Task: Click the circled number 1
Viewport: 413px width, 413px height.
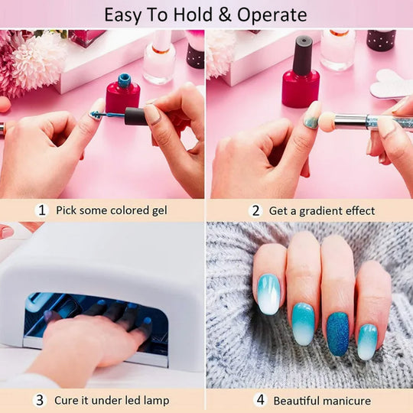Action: (x=41, y=210)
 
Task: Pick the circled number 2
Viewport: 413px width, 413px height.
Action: (x=255, y=210)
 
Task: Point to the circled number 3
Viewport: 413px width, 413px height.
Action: (x=40, y=400)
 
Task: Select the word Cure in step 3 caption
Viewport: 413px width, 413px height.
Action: (x=67, y=400)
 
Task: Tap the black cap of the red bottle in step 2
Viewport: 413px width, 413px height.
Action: (x=303, y=54)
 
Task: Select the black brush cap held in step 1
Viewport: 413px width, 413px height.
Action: (x=135, y=116)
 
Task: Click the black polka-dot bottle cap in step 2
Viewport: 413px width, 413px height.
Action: (x=381, y=40)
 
